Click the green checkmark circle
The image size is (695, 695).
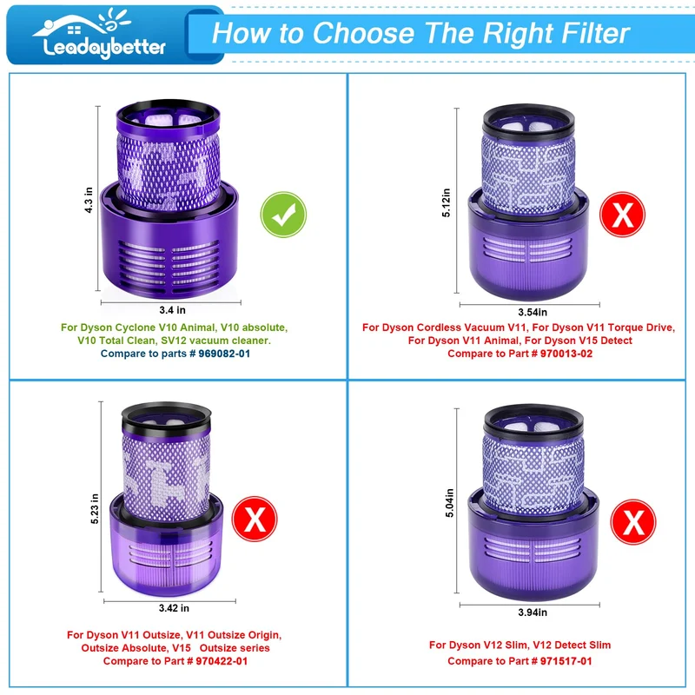283,215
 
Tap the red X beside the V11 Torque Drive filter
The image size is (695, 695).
622,215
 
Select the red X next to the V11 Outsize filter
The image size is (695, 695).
255,519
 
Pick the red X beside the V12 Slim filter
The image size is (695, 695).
633,522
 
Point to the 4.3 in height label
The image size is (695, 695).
89,200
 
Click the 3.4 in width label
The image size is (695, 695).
172,310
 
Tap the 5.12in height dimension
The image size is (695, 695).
446,202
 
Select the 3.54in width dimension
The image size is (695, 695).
533,312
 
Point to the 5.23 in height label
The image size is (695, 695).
95,508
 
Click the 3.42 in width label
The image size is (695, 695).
174,608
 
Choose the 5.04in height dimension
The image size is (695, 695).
449,503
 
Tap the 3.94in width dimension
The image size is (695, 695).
533,612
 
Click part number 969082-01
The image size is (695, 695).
224,354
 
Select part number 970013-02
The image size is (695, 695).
566,354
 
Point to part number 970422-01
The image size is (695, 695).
222,661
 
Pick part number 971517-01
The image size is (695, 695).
566,661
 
